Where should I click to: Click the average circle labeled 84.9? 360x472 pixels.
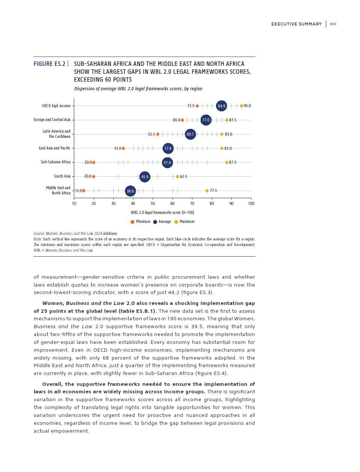point(222,106)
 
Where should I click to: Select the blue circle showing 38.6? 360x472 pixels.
point(130,191)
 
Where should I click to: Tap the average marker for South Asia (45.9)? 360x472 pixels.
point(145,177)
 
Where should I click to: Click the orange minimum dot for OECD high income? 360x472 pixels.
point(197,106)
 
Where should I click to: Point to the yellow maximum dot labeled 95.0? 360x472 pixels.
point(241,106)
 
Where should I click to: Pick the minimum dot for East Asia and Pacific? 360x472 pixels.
point(123,148)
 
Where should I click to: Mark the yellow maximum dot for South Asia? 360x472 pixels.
point(177,177)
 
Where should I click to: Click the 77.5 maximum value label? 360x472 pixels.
point(213,191)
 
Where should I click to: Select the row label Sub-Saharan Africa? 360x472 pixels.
point(55,162)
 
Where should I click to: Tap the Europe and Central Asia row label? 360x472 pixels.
point(52,120)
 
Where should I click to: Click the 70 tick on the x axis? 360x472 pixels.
point(192,204)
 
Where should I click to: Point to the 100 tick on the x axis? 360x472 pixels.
point(251,204)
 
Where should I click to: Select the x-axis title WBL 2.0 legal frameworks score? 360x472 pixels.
point(162,213)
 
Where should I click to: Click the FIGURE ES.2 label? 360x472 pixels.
point(49,64)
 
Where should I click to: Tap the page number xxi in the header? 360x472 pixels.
point(333,24)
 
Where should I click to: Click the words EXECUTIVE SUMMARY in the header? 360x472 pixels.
point(297,24)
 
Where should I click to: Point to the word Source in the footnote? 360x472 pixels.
point(39,234)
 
